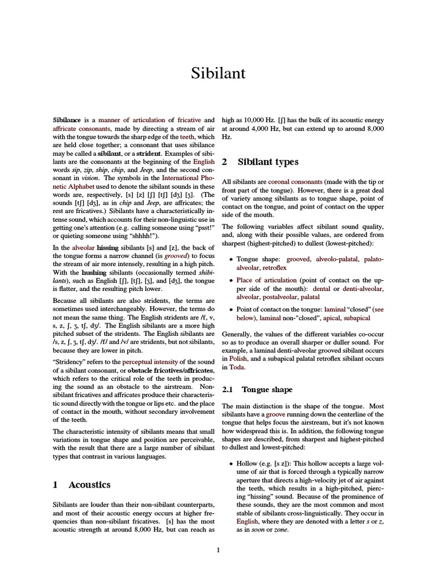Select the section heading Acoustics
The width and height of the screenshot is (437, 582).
89,485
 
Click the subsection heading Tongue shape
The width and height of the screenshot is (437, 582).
267,389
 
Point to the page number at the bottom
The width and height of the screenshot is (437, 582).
218,550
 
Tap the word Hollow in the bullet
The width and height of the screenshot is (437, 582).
247,464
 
